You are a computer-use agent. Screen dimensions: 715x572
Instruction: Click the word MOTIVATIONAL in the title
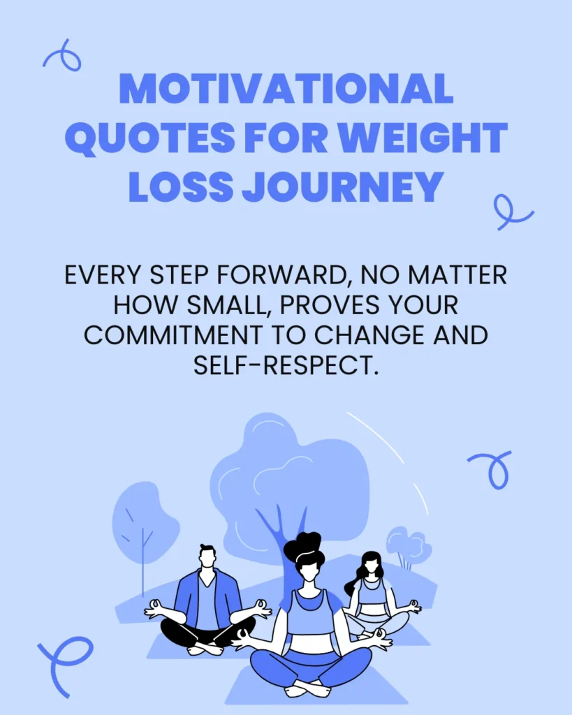tap(286, 89)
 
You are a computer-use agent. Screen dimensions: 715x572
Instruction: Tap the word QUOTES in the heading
tap(149, 138)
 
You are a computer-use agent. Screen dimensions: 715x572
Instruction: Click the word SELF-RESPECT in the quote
tap(286, 364)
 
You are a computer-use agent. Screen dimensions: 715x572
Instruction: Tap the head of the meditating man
tap(207, 556)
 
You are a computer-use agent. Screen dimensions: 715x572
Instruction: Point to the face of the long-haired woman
tap(370, 566)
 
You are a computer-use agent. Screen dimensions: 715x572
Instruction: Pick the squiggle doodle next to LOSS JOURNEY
tap(512, 212)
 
